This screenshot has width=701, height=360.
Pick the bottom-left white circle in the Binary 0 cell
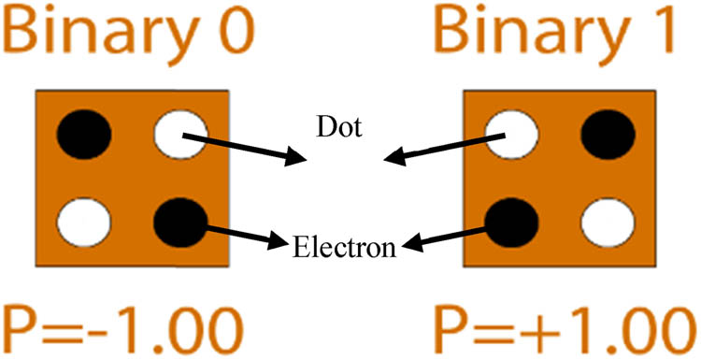[x=82, y=223]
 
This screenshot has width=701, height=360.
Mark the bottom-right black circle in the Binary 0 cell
[x=179, y=223]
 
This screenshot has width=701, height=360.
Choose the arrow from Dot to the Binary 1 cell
[x=439, y=150]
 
